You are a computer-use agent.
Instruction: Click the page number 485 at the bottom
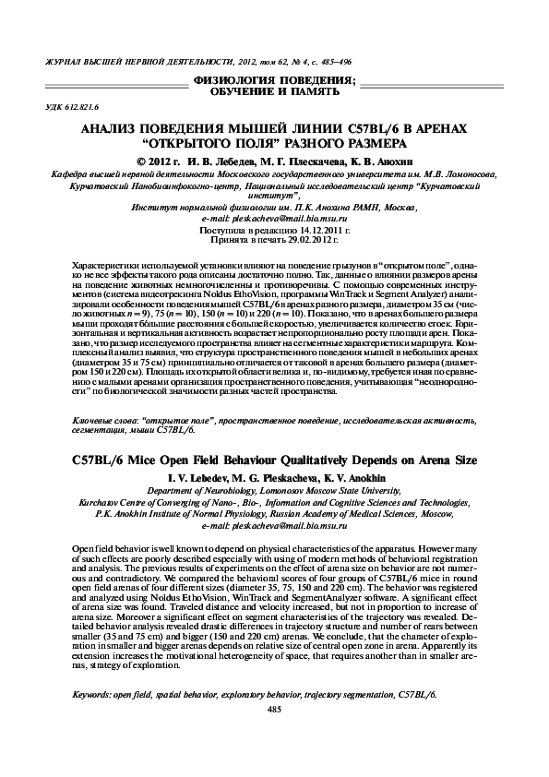tap(273, 734)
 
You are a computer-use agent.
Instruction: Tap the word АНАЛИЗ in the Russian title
tap(113, 129)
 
